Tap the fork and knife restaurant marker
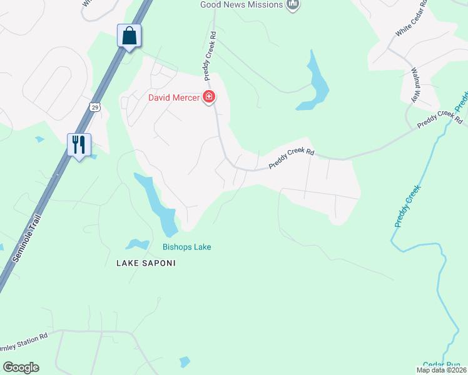point(79,145)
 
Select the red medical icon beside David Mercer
point(209,97)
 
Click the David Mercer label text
point(174,97)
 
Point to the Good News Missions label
point(241,5)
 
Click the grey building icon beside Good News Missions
point(292,5)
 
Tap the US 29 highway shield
point(94,107)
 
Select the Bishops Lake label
point(186,247)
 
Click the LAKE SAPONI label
point(146,263)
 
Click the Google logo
point(21,367)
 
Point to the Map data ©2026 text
point(441,370)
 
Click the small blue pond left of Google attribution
point(184,362)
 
